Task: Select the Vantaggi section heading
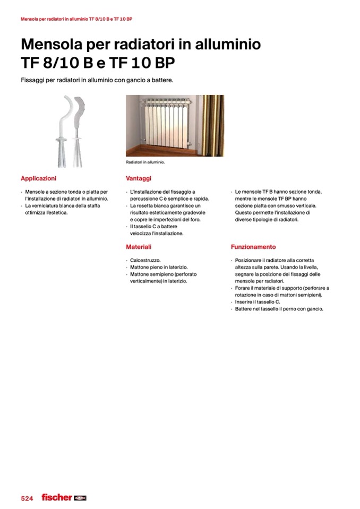coord(139,178)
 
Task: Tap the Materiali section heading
coord(139,247)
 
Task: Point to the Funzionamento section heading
coord(253,247)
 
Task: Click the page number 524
coord(27,498)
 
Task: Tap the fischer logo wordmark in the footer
coord(56,497)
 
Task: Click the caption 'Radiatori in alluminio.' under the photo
coord(145,162)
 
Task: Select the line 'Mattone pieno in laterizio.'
coord(159,268)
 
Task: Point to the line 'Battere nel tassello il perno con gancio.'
coord(279,308)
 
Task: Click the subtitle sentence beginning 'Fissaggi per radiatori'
coord(97,80)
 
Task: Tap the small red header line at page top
coord(76,19)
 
